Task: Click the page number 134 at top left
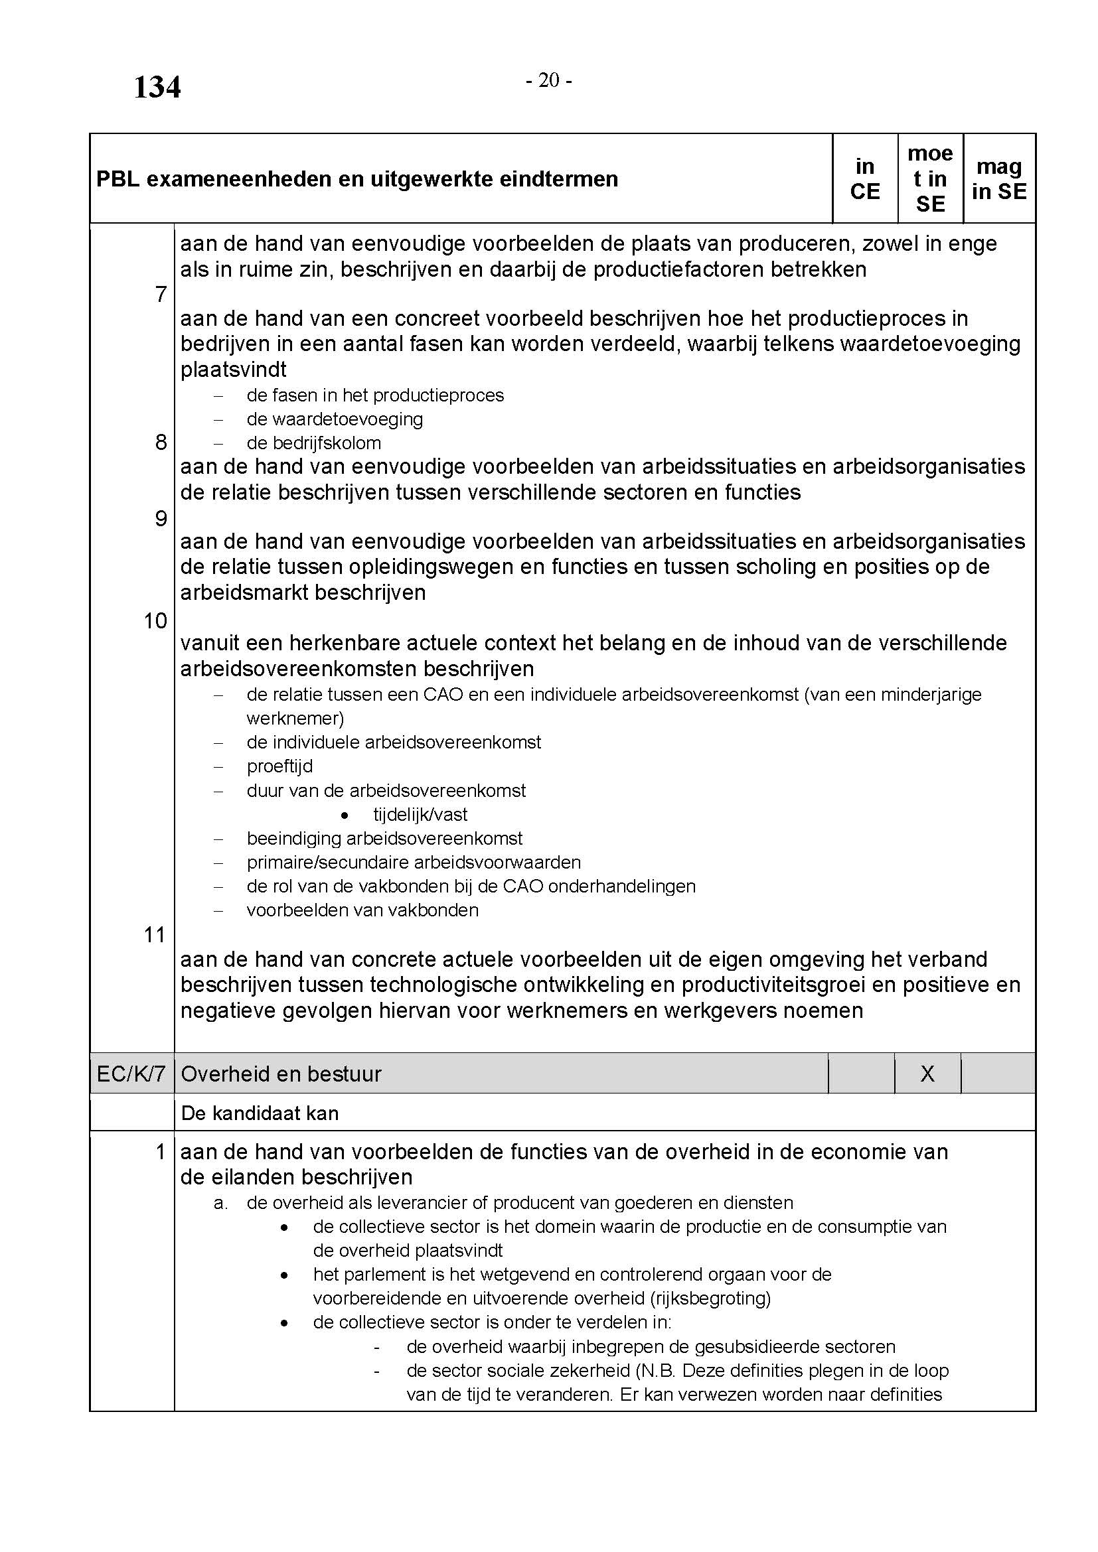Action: [157, 88]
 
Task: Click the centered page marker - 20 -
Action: [549, 81]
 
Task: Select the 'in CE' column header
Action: [865, 179]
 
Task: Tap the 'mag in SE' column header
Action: [998, 179]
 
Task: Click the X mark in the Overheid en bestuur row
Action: [927, 1074]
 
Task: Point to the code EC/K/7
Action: [131, 1074]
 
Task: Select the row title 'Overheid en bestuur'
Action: [281, 1074]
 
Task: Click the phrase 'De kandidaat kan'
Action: [260, 1113]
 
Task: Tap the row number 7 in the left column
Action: [161, 295]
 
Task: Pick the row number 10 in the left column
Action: [155, 620]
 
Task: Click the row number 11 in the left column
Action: [155, 935]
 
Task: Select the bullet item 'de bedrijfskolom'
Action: [314, 443]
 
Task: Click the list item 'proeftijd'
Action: [279, 766]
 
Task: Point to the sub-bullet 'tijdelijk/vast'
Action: [420, 815]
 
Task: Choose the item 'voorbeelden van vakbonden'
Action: [362, 910]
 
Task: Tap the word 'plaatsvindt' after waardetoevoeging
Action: [233, 370]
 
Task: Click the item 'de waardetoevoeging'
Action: [335, 419]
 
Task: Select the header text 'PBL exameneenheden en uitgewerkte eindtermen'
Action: [357, 179]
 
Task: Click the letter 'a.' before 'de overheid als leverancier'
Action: [220, 1202]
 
